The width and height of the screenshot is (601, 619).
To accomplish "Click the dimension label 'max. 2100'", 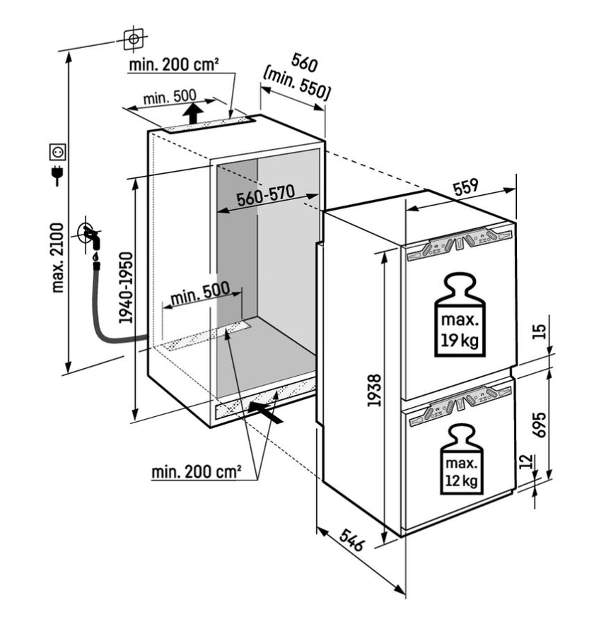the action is pyautogui.click(x=58, y=258).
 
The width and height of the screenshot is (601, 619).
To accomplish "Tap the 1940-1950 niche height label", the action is pyautogui.click(x=126, y=288).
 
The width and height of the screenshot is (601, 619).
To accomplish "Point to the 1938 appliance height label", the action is pyautogui.click(x=374, y=391).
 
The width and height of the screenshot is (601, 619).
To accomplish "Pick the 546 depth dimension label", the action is pyautogui.click(x=351, y=540).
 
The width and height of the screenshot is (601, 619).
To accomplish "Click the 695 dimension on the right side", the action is pyautogui.click(x=539, y=425).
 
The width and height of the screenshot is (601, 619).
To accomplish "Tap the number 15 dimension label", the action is pyautogui.click(x=539, y=331).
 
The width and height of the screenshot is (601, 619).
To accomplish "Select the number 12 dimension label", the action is pyautogui.click(x=526, y=461).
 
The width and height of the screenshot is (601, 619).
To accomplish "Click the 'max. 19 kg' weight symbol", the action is pyautogui.click(x=460, y=315).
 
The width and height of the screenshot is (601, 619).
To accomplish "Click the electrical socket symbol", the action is pyautogui.click(x=57, y=152).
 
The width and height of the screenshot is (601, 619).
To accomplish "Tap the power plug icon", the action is pyautogui.click(x=58, y=175).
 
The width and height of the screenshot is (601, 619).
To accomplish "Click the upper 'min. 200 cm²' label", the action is pyautogui.click(x=174, y=65).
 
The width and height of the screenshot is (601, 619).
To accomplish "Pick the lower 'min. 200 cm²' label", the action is pyautogui.click(x=197, y=471).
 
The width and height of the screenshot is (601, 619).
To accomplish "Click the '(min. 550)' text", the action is pyautogui.click(x=296, y=85).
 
